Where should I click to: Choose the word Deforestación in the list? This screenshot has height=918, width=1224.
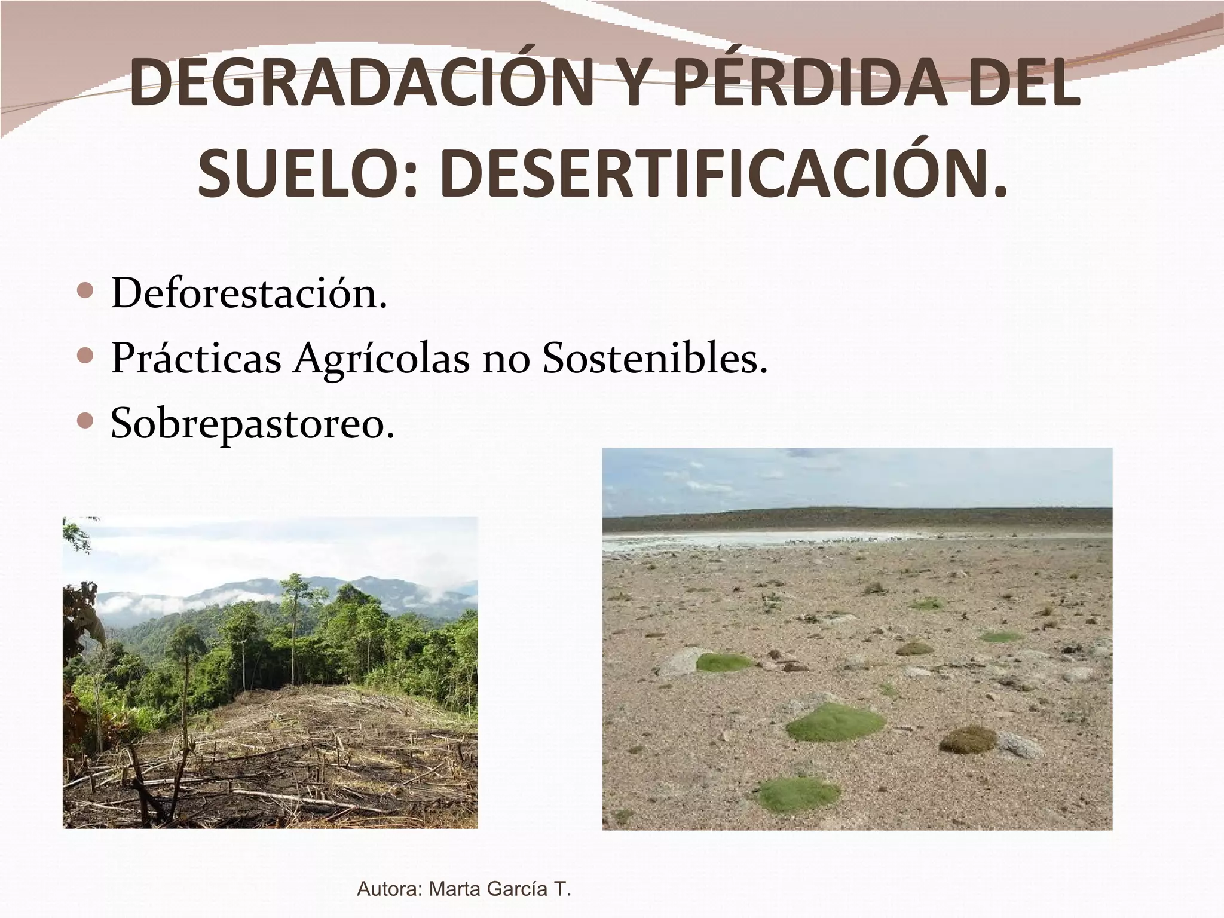tap(249, 294)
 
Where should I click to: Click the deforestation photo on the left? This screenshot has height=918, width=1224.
tap(270, 672)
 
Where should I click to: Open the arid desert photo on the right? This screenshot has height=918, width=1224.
tap(857, 638)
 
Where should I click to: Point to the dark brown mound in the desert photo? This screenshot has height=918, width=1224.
tap(968, 739)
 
